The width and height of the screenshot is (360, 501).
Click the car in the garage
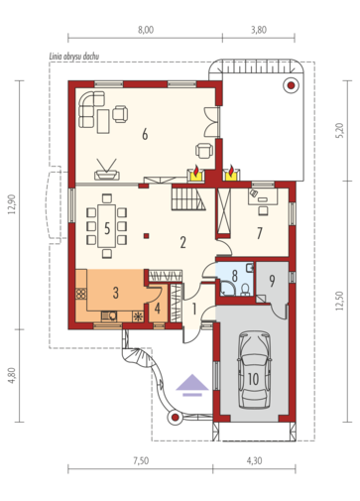(x=254, y=370)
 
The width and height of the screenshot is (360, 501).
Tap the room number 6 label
(x=145, y=135)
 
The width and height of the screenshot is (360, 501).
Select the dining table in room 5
(x=107, y=226)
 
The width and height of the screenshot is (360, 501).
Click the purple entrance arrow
(x=192, y=385)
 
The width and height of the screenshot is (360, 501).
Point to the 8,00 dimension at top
(x=146, y=30)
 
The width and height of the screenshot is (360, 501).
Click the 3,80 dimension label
(x=259, y=30)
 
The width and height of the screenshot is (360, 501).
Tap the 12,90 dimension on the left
(x=12, y=204)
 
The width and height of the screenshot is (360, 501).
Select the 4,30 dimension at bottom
(x=254, y=460)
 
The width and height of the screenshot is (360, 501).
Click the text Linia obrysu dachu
(x=74, y=57)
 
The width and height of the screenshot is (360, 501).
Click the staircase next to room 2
(x=188, y=198)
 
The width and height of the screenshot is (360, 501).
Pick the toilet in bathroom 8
(x=245, y=290)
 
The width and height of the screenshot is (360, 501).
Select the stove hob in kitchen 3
(x=81, y=294)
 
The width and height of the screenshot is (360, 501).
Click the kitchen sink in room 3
(x=109, y=316)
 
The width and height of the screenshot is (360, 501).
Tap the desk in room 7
(x=263, y=196)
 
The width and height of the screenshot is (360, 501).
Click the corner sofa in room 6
(x=91, y=109)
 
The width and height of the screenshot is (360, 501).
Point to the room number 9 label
(x=272, y=281)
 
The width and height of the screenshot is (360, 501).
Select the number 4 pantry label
(x=158, y=309)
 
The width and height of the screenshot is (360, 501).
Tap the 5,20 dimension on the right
(x=341, y=130)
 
